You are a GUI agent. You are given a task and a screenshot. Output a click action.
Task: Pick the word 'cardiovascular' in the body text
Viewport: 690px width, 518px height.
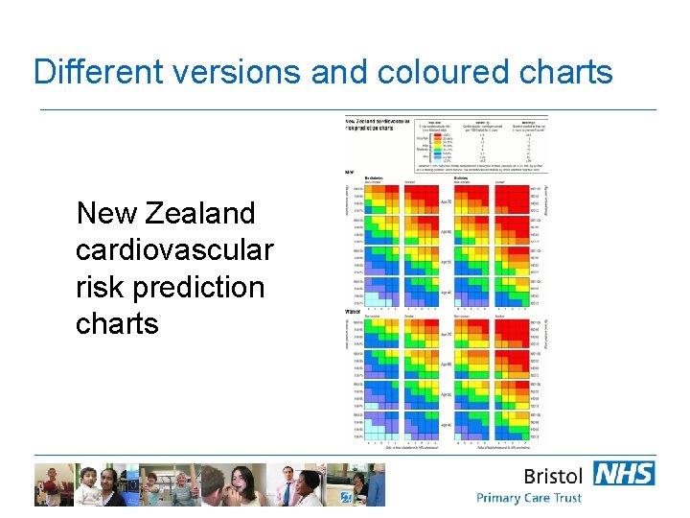173,249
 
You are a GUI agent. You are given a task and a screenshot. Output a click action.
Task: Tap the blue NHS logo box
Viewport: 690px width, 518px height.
624,473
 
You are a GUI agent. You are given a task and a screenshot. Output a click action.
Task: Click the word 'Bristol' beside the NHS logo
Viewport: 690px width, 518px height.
552,476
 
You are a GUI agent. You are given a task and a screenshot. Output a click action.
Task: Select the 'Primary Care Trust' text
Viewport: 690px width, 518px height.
529,498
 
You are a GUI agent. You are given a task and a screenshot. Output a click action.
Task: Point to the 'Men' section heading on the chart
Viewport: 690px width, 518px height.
350,173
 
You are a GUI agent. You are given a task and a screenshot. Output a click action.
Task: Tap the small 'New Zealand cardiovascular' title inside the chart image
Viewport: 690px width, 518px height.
377,125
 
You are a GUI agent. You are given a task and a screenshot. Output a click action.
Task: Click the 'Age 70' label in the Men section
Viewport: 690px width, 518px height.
446,202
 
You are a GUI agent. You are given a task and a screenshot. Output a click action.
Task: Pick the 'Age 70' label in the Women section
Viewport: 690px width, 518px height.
446,335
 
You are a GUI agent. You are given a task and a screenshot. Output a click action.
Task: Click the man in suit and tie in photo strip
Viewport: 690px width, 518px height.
285,485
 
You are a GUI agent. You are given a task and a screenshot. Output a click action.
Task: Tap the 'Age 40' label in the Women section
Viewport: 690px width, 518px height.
446,424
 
